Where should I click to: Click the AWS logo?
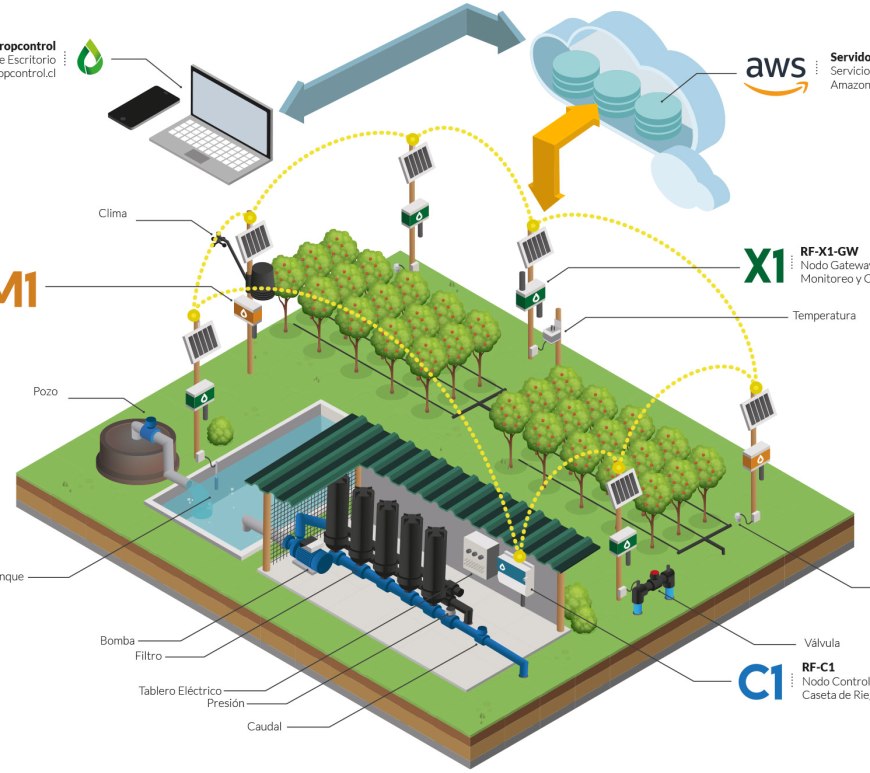click(775, 73)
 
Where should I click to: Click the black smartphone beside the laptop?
click(143, 106)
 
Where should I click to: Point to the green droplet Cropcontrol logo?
click(90, 57)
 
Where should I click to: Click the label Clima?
click(113, 213)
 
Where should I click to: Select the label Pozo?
click(47, 392)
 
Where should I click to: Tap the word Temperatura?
click(824, 316)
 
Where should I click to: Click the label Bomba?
click(117, 641)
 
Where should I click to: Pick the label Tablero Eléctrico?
click(180, 691)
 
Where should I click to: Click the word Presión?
click(225, 703)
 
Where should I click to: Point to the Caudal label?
click(265, 726)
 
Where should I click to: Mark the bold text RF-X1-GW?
click(829, 251)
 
